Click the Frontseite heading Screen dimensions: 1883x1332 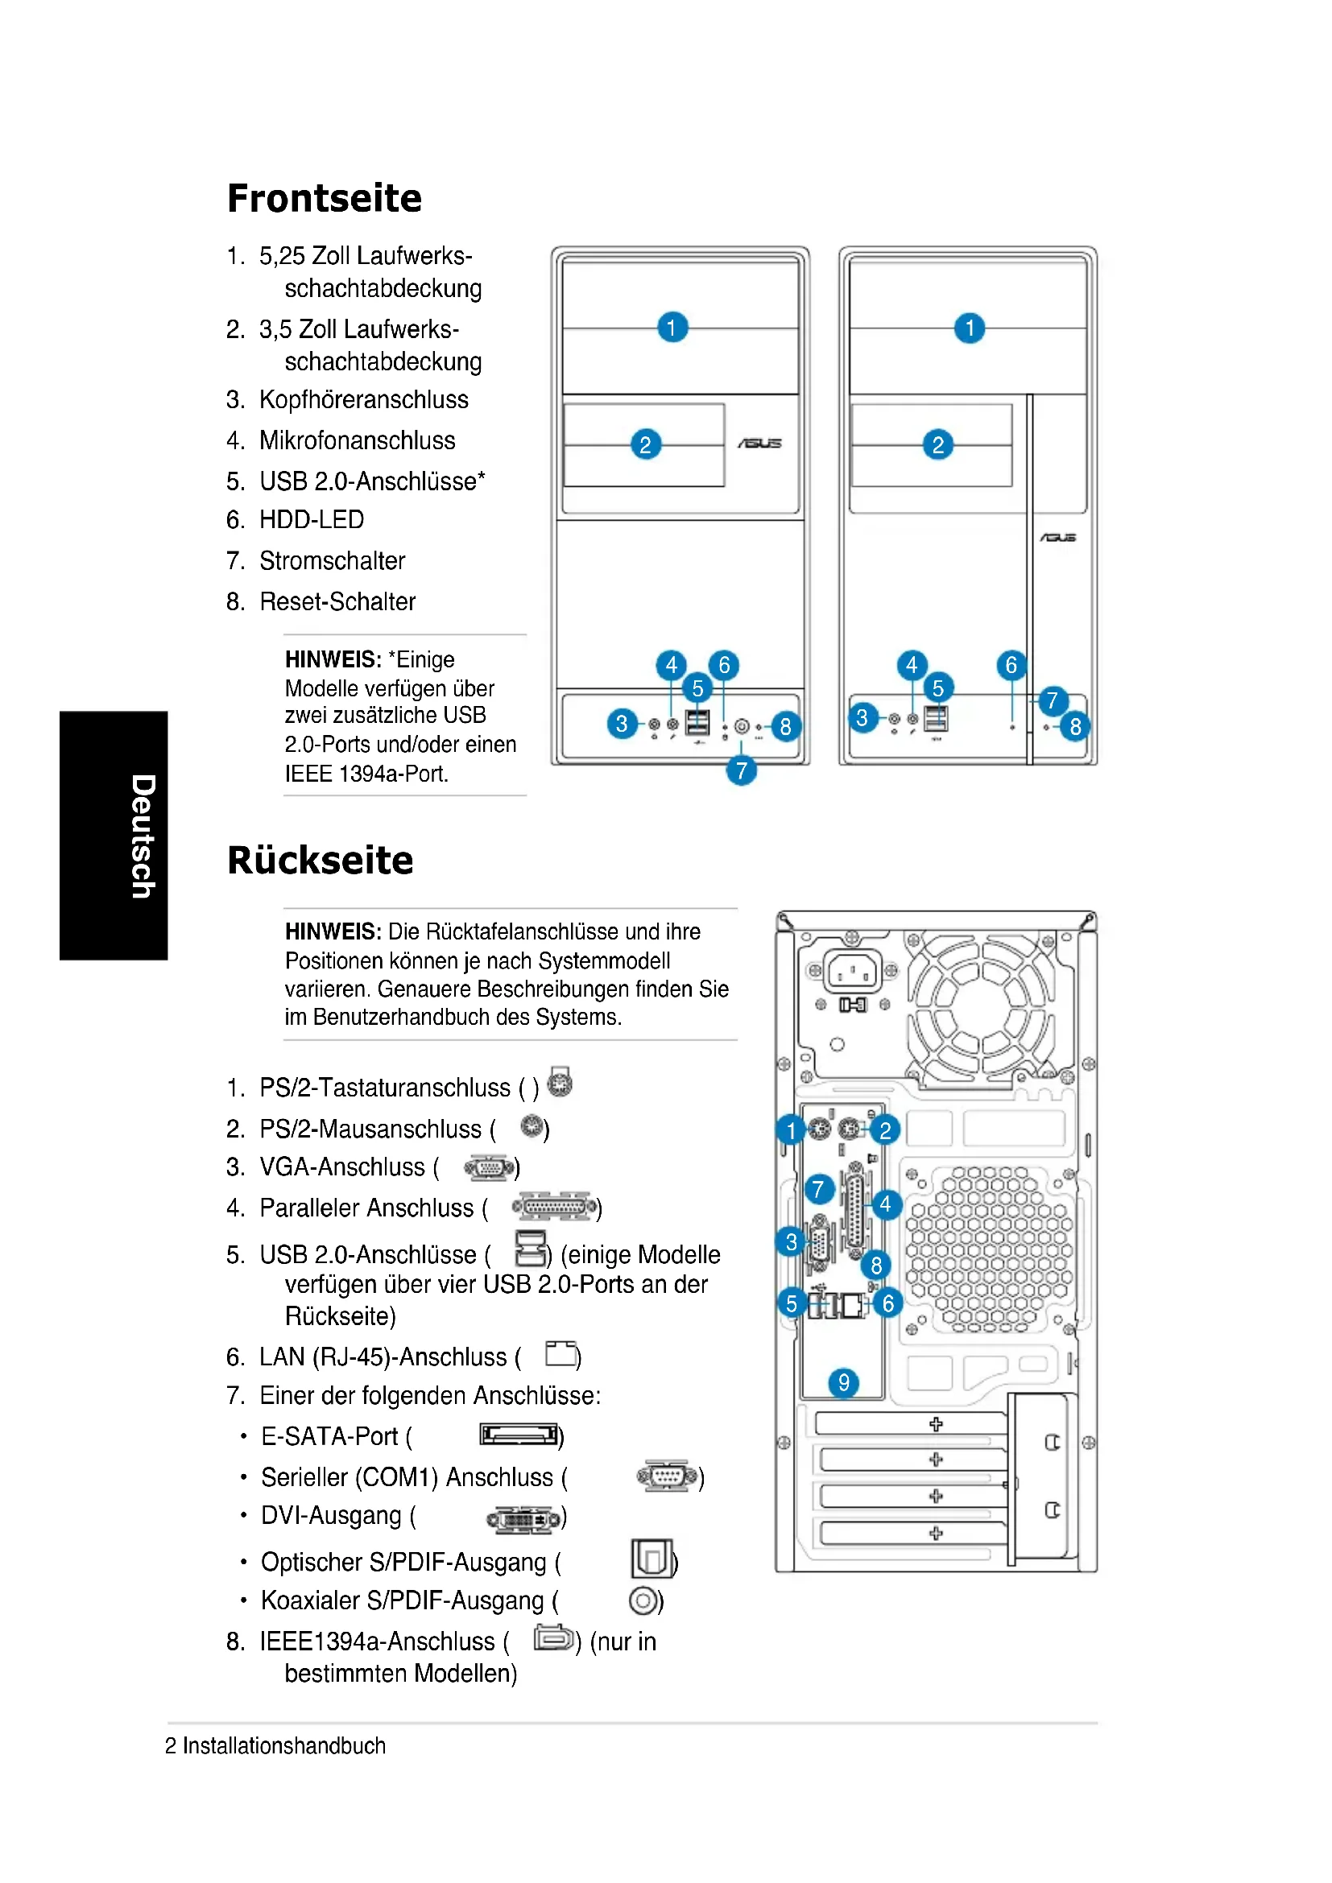[x=324, y=199]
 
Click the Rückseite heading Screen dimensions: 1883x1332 [x=320, y=861]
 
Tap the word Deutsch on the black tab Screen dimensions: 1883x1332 [x=143, y=836]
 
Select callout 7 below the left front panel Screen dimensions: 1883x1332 [x=741, y=770]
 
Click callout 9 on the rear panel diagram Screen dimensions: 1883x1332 [x=843, y=1383]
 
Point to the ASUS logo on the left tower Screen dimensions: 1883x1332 [x=759, y=444]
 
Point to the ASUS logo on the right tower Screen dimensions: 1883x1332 [x=1057, y=538]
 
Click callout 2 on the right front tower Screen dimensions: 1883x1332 [x=937, y=444]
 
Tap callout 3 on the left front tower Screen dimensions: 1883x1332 [x=622, y=724]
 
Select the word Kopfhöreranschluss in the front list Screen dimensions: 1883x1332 [x=363, y=400]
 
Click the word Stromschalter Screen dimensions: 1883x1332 [x=332, y=561]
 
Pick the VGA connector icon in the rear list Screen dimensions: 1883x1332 [x=490, y=1167]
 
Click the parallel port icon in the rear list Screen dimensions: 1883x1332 [x=554, y=1208]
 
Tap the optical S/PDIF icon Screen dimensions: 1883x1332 [x=652, y=1559]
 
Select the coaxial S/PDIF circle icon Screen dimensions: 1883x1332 [x=644, y=1600]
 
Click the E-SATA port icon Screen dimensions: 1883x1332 [x=519, y=1435]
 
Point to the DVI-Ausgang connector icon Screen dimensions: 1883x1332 [x=525, y=1519]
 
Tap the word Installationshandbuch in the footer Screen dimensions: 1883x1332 [x=283, y=1746]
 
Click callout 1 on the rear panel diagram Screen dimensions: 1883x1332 [x=791, y=1130]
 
